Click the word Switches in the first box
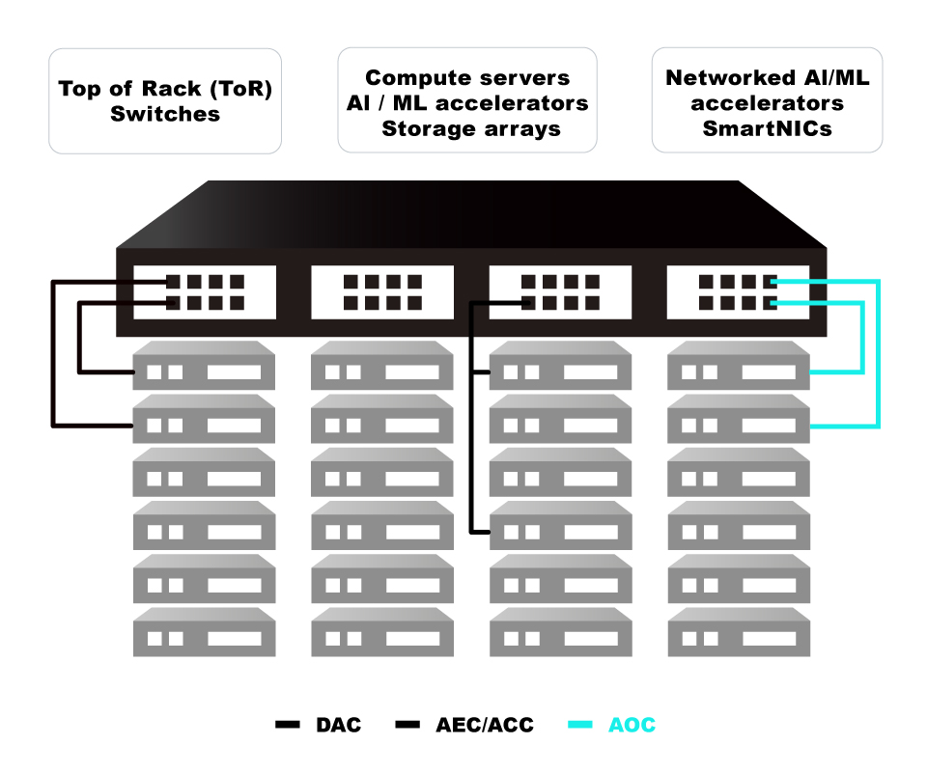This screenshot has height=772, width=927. (x=165, y=114)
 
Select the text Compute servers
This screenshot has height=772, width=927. (x=467, y=78)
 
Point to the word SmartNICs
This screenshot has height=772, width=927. (x=767, y=127)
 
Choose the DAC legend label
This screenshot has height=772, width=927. (x=338, y=725)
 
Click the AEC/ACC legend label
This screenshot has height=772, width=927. (x=485, y=725)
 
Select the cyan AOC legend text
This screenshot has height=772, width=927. (x=632, y=725)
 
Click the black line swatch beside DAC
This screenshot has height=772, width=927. (x=288, y=725)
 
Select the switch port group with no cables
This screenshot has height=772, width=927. (x=382, y=292)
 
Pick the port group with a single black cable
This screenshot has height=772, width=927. (x=560, y=292)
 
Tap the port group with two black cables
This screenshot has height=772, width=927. (x=205, y=292)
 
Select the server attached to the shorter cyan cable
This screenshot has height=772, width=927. (x=739, y=372)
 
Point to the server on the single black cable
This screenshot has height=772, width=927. (x=560, y=531)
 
